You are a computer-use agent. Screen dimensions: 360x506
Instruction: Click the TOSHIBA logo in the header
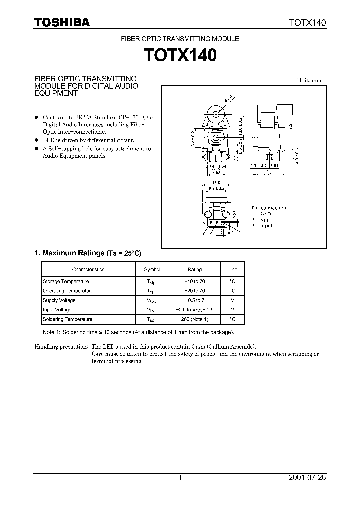[62, 22]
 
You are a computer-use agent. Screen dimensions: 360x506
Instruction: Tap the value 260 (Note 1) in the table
[194, 319]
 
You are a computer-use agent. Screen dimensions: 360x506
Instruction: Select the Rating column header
[194, 269]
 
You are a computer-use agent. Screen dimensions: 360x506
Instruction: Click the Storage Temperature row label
[66, 281]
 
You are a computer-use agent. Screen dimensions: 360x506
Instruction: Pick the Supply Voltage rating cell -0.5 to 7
[194, 300]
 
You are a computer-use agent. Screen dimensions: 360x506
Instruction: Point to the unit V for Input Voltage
[233, 310]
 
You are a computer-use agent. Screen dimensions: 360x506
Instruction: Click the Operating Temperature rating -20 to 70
[194, 291]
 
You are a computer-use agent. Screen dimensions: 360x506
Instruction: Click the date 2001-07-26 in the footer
[307, 478]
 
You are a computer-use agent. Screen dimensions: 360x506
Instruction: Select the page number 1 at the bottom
[180, 478]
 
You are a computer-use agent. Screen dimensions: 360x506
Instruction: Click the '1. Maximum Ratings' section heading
[69, 253]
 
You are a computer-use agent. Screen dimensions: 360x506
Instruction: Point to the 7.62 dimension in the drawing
[216, 173]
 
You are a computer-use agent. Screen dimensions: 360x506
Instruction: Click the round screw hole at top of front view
[216, 115]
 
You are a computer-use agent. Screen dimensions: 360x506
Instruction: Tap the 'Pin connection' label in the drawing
[269, 207]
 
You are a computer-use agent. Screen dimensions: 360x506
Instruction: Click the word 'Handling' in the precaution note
[45, 346]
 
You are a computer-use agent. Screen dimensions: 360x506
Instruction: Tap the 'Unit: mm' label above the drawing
[309, 80]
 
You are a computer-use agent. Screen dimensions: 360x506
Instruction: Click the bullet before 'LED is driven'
[36, 140]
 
